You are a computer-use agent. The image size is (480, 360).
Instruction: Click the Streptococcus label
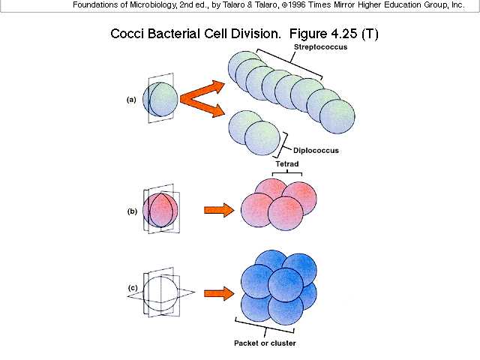point(315,48)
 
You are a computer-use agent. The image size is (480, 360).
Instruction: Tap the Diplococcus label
point(315,150)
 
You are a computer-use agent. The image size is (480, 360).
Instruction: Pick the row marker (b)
point(131,211)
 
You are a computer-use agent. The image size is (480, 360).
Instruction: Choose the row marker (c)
point(132,288)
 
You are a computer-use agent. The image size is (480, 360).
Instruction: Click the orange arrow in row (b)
point(218,210)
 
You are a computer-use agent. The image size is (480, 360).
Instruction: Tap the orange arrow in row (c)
point(218,292)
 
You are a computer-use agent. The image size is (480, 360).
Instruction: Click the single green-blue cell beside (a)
point(160,99)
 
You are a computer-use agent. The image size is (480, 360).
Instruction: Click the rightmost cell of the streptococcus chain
point(336,115)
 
